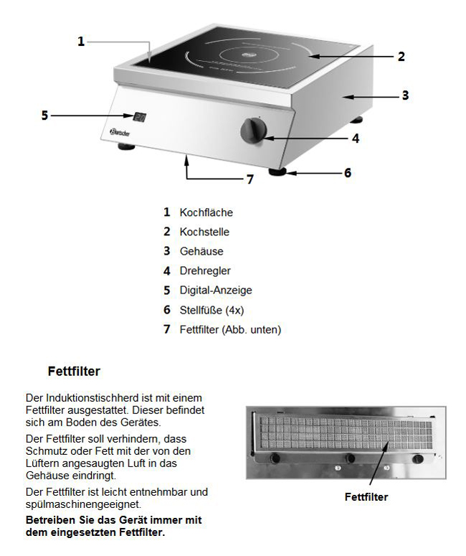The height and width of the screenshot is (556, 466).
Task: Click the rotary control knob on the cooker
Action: (x=253, y=131)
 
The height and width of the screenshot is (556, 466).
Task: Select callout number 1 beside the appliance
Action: (x=81, y=42)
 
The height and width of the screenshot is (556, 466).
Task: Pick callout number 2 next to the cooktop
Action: (x=401, y=56)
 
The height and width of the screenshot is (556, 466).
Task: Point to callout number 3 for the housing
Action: (x=404, y=95)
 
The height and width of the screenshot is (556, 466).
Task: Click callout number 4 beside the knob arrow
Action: (x=355, y=138)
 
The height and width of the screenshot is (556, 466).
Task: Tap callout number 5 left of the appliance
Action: (x=44, y=115)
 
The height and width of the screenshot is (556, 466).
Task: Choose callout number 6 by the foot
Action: (x=347, y=173)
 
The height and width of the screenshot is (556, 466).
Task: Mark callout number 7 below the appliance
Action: (x=249, y=179)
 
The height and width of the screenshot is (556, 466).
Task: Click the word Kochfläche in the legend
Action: (x=206, y=212)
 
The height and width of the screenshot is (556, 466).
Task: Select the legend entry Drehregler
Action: (x=205, y=271)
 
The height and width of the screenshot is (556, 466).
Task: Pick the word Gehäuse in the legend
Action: (x=201, y=252)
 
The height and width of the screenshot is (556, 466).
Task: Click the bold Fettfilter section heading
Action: (x=74, y=372)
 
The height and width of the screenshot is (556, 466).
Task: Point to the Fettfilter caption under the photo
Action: (x=366, y=496)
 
